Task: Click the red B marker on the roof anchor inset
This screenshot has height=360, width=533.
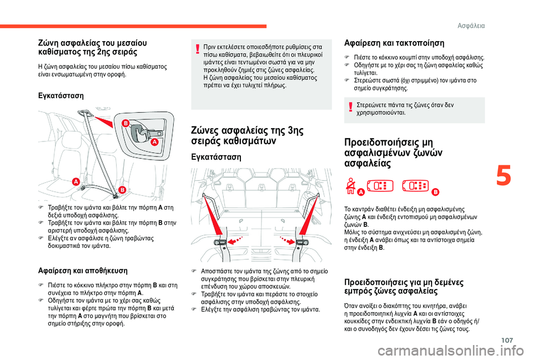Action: click(126, 123)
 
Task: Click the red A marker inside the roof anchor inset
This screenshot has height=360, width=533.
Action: click(155, 143)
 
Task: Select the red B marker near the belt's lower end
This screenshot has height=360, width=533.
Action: click(122, 190)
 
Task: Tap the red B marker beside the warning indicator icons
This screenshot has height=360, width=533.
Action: click(435, 191)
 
